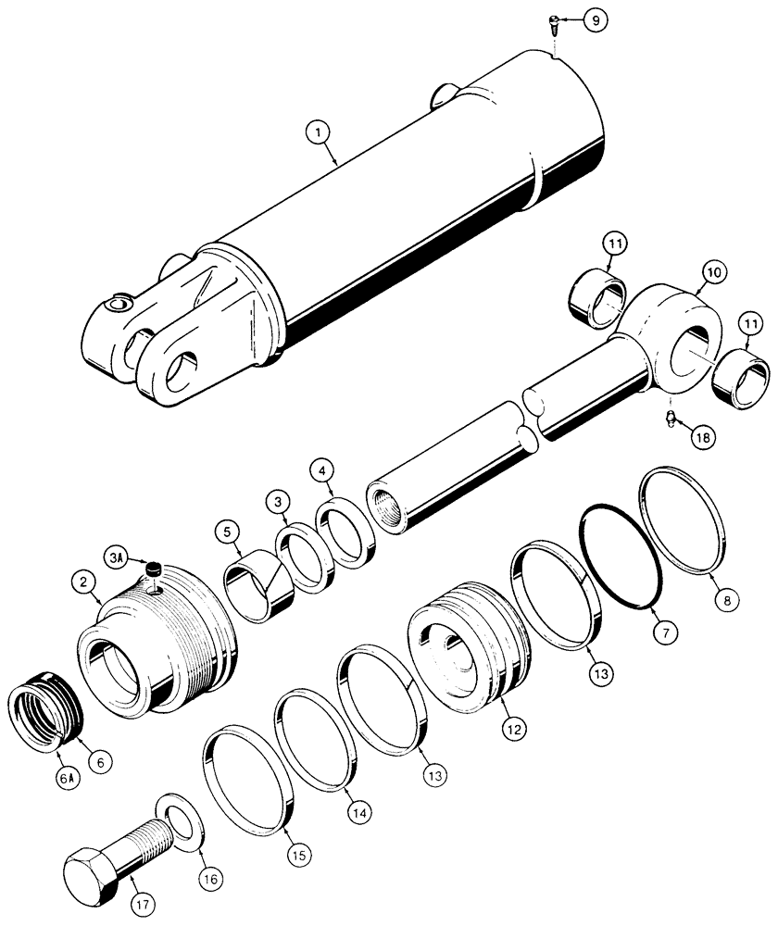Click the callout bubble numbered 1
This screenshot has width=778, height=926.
coord(318,134)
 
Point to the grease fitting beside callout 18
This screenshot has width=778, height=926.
coord(669,422)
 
